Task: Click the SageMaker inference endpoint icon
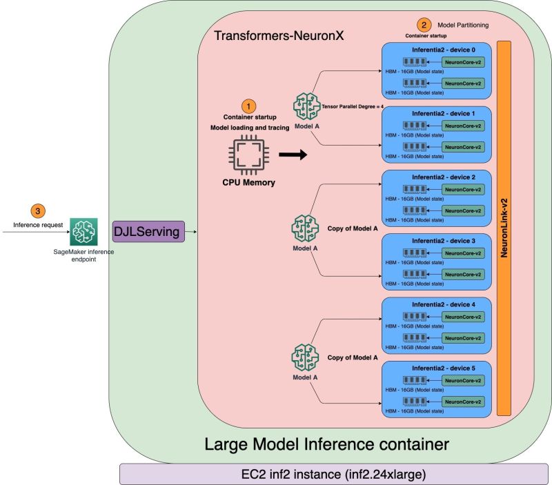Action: (83, 232)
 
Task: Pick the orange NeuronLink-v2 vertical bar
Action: (504, 228)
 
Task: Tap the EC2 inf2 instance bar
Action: (333, 474)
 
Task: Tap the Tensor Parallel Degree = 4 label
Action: (353, 106)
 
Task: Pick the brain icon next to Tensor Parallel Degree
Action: (306, 106)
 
